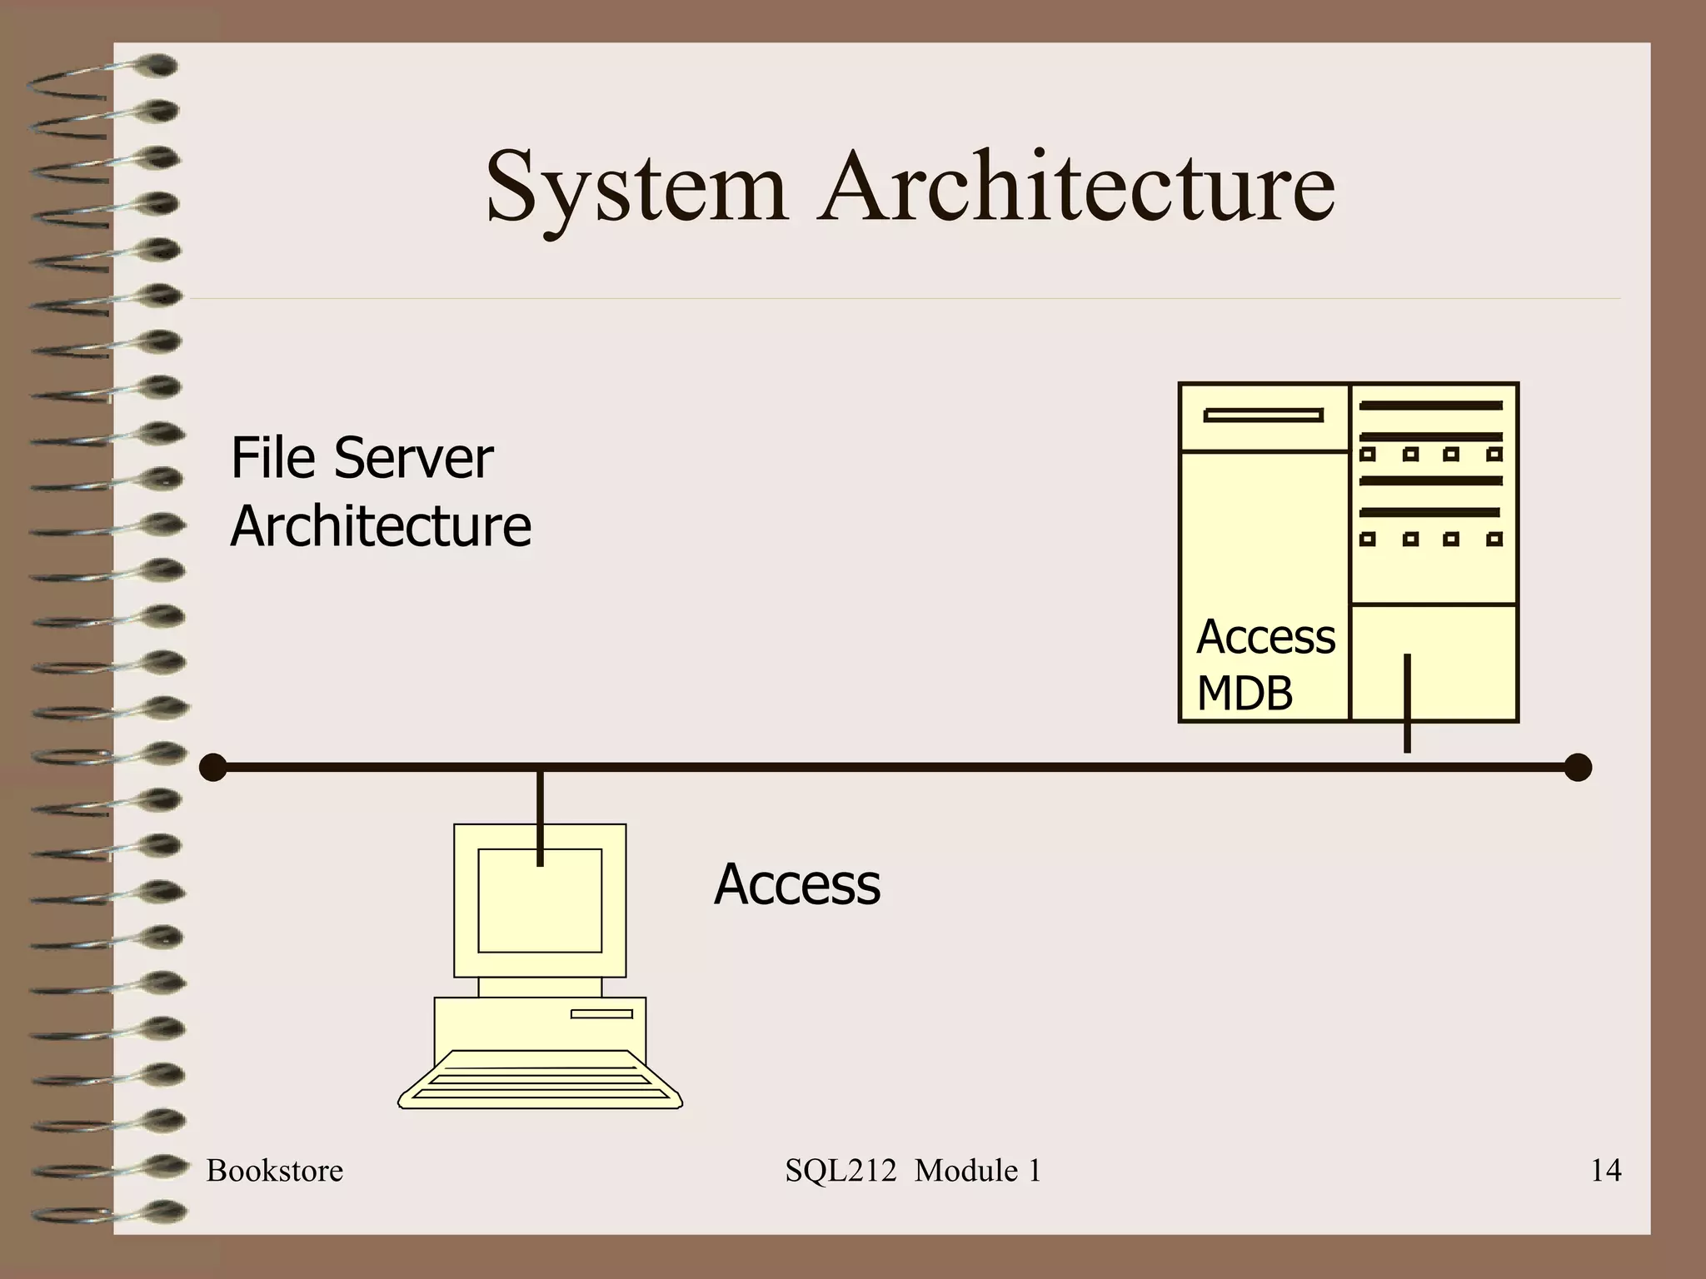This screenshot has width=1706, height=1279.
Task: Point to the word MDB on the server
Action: (1245, 693)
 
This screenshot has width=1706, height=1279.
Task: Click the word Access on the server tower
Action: (1265, 637)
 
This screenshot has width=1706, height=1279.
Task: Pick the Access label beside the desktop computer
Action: (796, 884)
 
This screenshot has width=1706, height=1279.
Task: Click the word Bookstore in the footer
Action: (274, 1171)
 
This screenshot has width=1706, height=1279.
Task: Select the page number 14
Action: (1605, 1171)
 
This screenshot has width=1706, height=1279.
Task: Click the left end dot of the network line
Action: (213, 767)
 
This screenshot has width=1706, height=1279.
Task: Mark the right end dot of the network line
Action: (1578, 767)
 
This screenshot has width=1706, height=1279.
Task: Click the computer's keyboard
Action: (540, 1081)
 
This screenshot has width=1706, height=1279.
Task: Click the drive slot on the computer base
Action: (601, 1013)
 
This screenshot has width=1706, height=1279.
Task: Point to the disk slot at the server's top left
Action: (1263, 415)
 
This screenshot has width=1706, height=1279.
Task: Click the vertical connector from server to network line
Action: (1407, 704)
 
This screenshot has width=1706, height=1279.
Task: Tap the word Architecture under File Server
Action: (381, 527)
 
